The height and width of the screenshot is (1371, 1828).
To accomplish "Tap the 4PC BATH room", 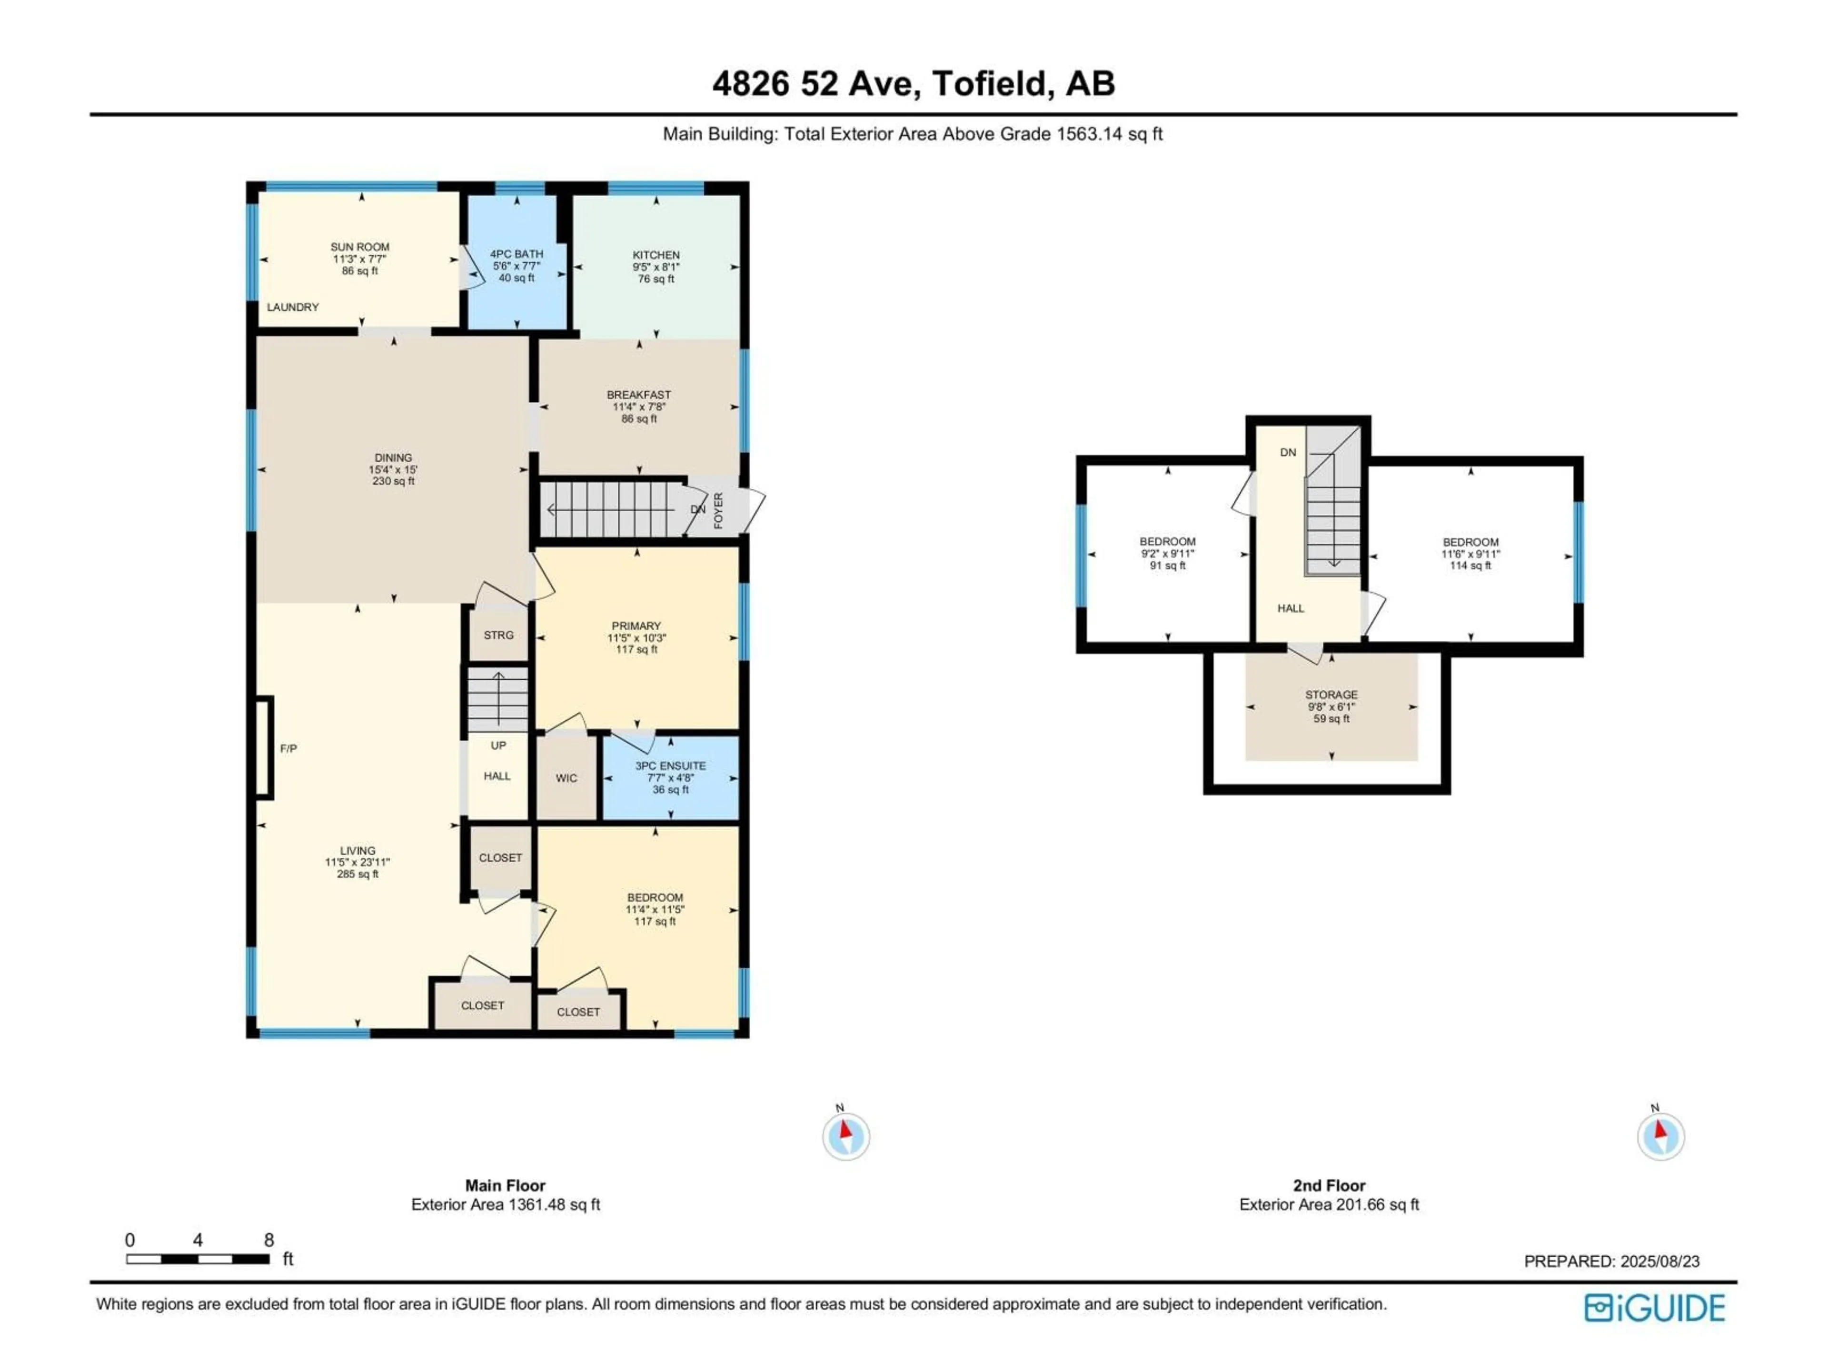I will [517, 265].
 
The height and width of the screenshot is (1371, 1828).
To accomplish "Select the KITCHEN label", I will [656, 255].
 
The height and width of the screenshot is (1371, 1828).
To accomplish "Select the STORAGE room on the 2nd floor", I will [1331, 706].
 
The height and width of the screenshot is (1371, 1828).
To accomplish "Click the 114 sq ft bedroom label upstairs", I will [1470, 554].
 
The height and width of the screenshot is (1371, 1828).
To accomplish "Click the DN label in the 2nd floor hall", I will [1288, 453].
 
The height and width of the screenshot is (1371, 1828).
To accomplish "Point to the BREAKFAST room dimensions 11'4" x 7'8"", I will [639, 407].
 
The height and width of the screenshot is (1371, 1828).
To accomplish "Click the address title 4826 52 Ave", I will [913, 83].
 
